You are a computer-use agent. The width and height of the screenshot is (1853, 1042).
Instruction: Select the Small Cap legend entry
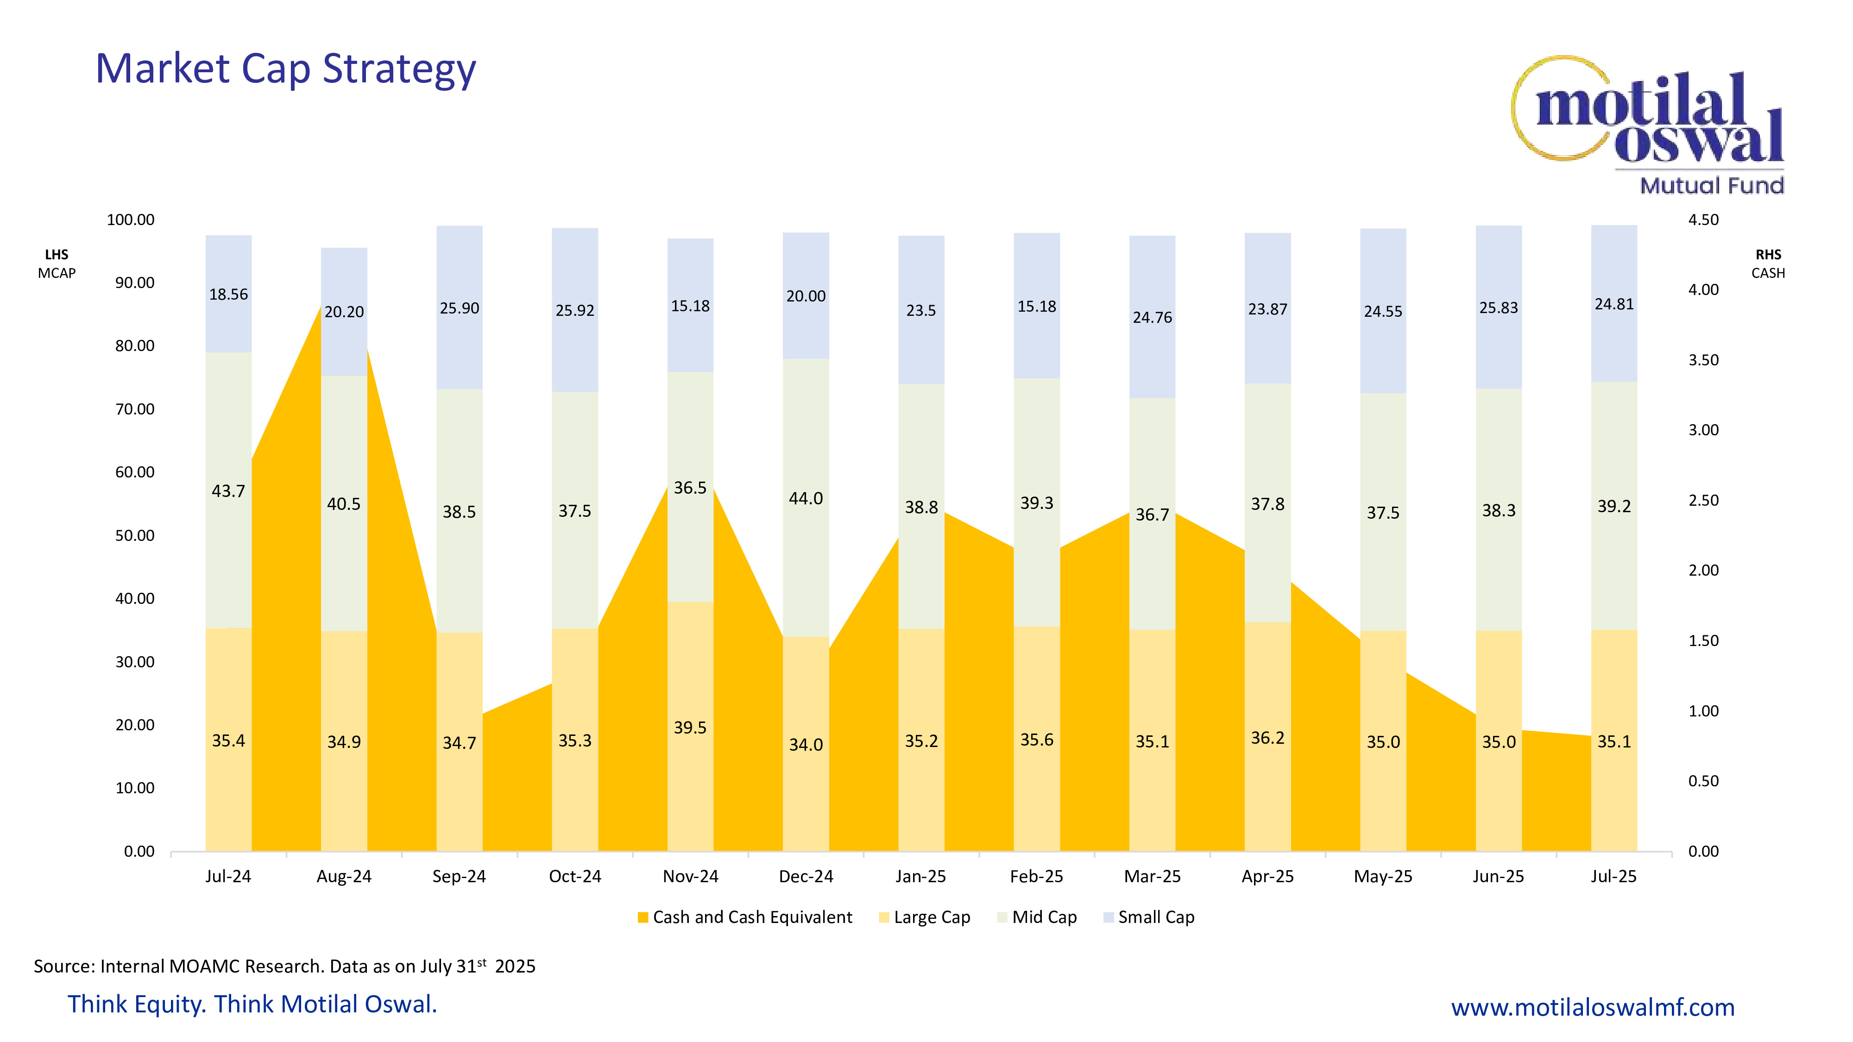click(x=1149, y=917)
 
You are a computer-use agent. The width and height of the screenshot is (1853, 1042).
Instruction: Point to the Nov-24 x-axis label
click(x=690, y=877)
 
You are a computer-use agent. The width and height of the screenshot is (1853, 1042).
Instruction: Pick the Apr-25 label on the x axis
click(x=1267, y=877)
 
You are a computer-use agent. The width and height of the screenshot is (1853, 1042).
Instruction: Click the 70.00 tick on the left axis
click(x=135, y=409)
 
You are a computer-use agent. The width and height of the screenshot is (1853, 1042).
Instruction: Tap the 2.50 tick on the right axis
click(x=1703, y=501)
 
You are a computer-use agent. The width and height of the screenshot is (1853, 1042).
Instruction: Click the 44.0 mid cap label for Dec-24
click(x=806, y=498)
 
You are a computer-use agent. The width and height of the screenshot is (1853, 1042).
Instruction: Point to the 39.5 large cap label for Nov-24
click(x=690, y=728)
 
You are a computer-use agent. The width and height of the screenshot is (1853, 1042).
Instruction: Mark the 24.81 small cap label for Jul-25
click(x=1614, y=304)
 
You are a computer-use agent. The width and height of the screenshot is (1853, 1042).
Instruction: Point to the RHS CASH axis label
click(x=1768, y=264)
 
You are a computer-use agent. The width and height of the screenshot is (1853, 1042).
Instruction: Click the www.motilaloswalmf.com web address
click(x=1593, y=1007)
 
